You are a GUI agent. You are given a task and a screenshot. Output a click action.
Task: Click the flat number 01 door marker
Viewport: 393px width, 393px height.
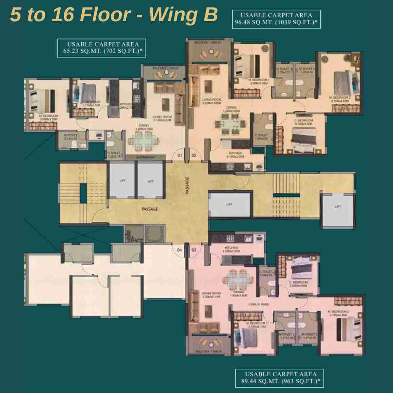pos(179,156)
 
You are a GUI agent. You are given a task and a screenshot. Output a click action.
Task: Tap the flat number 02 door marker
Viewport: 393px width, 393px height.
pos(194,156)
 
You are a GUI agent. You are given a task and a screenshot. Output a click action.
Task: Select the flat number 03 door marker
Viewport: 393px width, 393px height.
pos(194,250)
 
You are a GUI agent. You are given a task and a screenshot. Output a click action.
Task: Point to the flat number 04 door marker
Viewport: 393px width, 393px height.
pos(179,250)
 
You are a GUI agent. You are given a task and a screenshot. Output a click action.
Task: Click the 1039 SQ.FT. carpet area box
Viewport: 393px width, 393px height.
pos(276,19)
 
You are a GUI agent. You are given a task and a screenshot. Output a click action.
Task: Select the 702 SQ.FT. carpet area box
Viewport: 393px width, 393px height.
pos(102,48)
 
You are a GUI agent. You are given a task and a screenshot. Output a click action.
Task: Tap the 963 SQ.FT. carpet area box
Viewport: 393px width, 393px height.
pos(280,378)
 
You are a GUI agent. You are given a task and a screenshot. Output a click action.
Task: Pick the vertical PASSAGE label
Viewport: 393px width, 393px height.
pos(187,186)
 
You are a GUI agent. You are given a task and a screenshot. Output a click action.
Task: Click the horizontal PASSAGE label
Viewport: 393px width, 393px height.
pos(150,209)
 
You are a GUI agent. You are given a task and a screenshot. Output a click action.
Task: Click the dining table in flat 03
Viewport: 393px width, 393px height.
pos(238,279)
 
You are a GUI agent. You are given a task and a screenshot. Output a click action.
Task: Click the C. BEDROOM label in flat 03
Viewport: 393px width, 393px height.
pos(298,284)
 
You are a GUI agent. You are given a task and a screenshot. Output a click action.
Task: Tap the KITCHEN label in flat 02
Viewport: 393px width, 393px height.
pos(235,155)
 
